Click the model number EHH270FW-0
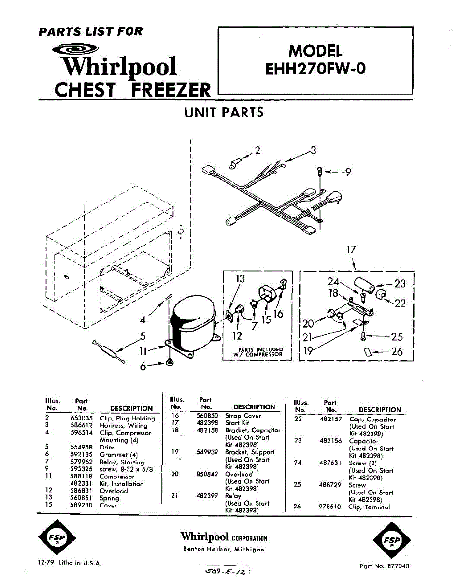click(x=315, y=68)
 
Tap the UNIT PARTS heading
click(x=224, y=113)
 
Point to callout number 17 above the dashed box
click(x=351, y=250)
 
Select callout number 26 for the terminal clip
click(x=397, y=352)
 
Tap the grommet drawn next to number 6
click(x=169, y=362)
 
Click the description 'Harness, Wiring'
click(x=124, y=426)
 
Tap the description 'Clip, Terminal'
click(x=369, y=507)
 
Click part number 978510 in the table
click(x=330, y=507)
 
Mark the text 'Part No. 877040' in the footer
click(x=386, y=565)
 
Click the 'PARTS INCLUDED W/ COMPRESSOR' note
click(x=258, y=352)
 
